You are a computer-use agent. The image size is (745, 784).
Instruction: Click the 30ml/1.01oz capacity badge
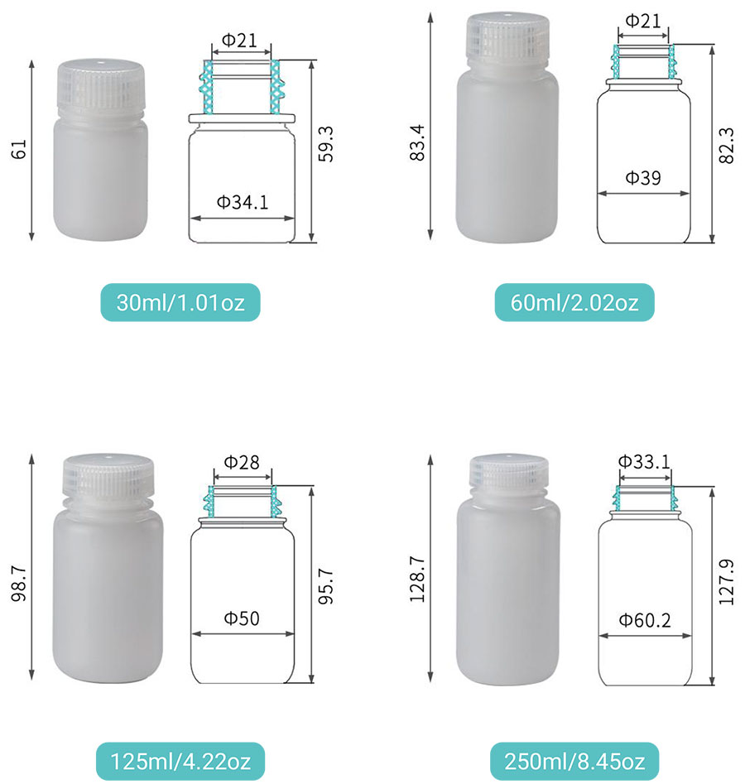click(180, 302)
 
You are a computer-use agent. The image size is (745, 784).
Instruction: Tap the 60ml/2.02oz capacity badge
click(574, 302)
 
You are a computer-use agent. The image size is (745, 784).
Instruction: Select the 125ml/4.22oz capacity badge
click(180, 761)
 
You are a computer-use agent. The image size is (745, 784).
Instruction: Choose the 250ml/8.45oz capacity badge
click(574, 761)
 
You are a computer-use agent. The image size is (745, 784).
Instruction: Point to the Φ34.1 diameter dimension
click(243, 202)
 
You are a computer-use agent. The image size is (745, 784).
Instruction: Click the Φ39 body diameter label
click(643, 177)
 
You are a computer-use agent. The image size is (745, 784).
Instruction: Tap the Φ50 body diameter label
click(242, 618)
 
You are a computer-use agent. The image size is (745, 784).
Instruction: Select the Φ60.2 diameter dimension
click(645, 621)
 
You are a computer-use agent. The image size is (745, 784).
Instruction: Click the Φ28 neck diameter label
click(242, 462)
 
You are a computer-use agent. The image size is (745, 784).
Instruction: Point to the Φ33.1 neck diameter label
click(644, 461)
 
